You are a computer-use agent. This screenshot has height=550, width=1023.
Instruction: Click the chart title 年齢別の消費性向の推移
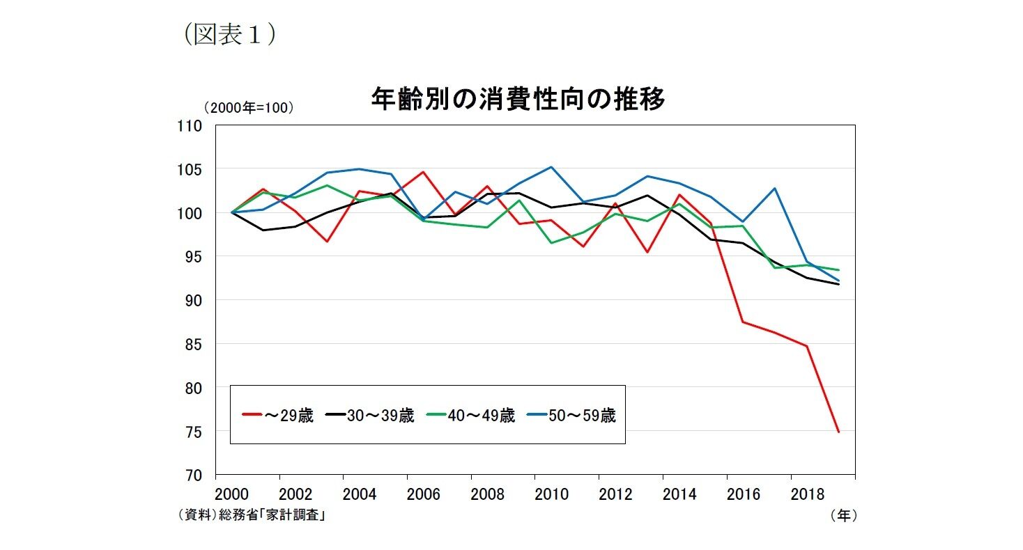518,100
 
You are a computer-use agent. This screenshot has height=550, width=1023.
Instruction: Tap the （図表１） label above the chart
229,36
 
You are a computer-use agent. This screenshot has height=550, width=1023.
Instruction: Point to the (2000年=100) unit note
248,108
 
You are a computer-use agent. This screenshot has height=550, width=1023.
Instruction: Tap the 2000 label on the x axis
232,494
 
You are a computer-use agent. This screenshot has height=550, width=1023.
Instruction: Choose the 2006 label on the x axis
424,494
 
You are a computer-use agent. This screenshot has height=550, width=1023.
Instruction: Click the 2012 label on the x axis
615,494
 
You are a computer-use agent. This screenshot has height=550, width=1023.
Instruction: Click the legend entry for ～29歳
277,416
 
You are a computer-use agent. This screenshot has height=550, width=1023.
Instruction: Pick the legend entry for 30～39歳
370,416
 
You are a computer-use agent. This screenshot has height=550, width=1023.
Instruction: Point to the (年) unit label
843,515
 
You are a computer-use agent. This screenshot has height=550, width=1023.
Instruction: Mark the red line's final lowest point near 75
839,432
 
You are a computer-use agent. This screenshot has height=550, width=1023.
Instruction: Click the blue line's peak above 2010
551,167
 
